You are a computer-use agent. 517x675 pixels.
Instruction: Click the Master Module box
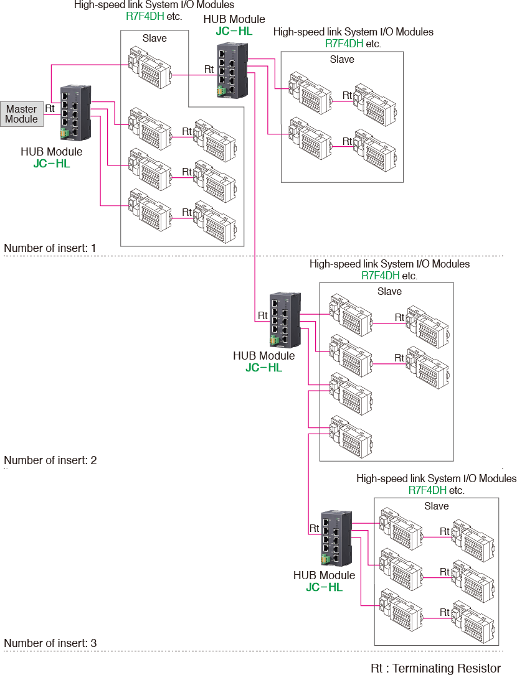22,114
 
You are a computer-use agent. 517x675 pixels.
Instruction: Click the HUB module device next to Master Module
76,112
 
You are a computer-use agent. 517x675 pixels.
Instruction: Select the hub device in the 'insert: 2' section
285,320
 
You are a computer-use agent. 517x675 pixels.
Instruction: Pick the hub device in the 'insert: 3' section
337,537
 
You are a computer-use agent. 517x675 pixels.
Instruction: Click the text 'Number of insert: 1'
50,248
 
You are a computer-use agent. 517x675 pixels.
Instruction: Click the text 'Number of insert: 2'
50,460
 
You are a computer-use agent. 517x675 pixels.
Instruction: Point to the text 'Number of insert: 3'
50,643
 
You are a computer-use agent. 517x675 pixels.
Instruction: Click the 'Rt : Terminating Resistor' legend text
435,668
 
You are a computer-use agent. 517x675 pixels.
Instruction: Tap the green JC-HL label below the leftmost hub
52,164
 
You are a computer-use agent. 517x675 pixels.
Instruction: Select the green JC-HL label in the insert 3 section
324,587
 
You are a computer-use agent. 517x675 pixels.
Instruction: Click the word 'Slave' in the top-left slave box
154,38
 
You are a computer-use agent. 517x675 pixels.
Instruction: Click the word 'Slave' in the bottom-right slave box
436,506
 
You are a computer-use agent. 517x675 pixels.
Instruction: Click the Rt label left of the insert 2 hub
262,315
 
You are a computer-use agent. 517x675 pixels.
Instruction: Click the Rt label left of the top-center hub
209,68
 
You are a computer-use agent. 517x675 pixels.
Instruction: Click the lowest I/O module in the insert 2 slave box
349,432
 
